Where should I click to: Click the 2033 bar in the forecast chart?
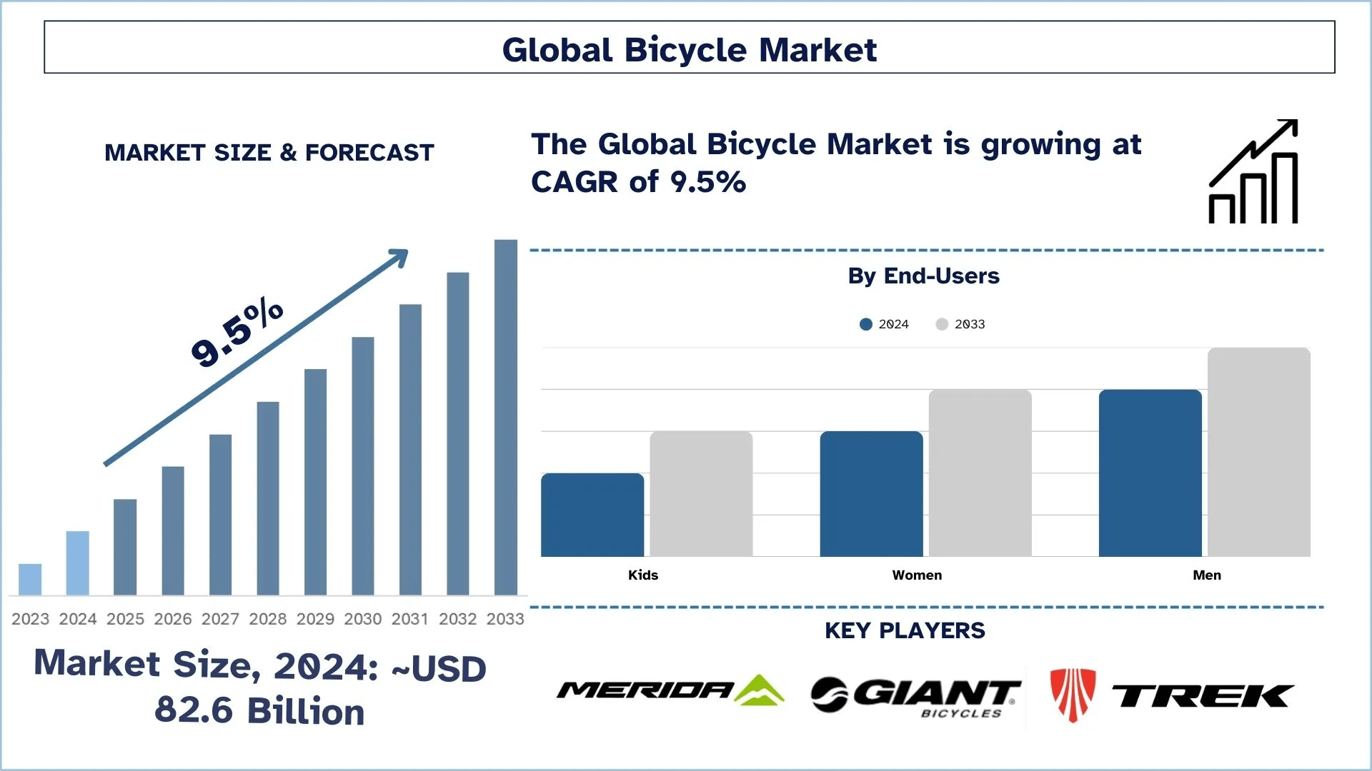[506, 418]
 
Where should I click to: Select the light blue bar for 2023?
[30, 580]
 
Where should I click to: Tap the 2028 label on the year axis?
[267, 619]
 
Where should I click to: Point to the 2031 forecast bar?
[410, 450]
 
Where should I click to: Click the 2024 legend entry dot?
[866, 324]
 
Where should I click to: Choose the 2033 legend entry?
[960, 324]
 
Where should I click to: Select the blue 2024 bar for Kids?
[592, 515]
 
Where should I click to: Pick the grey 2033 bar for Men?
[1258, 452]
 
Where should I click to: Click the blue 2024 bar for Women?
[871, 494]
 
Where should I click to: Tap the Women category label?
[917, 575]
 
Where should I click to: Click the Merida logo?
[670, 690]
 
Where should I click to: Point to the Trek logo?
[1172, 695]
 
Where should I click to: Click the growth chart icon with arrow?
[1253, 172]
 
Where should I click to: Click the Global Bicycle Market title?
[689, 50]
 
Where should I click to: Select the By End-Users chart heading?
[923, 276]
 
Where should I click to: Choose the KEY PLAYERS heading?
[905, 631]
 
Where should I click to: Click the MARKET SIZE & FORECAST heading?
[269, 153]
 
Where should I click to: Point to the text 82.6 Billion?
[259, 711]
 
